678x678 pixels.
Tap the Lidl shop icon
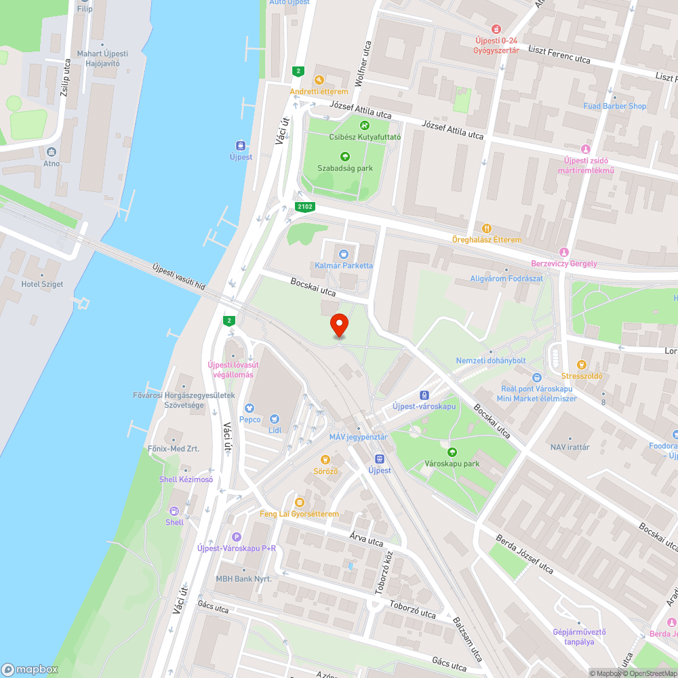(x=275, y=419)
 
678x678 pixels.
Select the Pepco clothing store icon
(x=250, y=409)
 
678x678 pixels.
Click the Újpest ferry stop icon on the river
(x=241, y=145)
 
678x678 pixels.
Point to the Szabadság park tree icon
(x=344, y=157)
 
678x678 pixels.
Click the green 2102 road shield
(x=305, y=207)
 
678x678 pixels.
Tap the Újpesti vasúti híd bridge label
(x=179, y=277)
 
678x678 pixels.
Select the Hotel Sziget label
(x=42, y=284)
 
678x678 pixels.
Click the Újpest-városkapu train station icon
(x=424, y=395)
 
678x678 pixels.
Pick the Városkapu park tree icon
(x=452, y=452)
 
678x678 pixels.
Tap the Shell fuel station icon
(x=174, y=511)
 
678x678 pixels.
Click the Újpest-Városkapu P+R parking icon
(x=236, y=536)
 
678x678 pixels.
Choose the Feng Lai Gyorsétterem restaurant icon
(x=299, y=502)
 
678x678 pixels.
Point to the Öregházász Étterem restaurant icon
(x=487, y=228)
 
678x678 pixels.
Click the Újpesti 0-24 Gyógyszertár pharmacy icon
(x=497, y=29)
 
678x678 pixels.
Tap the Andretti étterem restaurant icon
(x=319, y=80)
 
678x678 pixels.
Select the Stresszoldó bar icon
(x=581, y=365)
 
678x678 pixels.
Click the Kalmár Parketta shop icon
(x=344, y=254)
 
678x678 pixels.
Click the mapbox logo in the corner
(x=31, y=669)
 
